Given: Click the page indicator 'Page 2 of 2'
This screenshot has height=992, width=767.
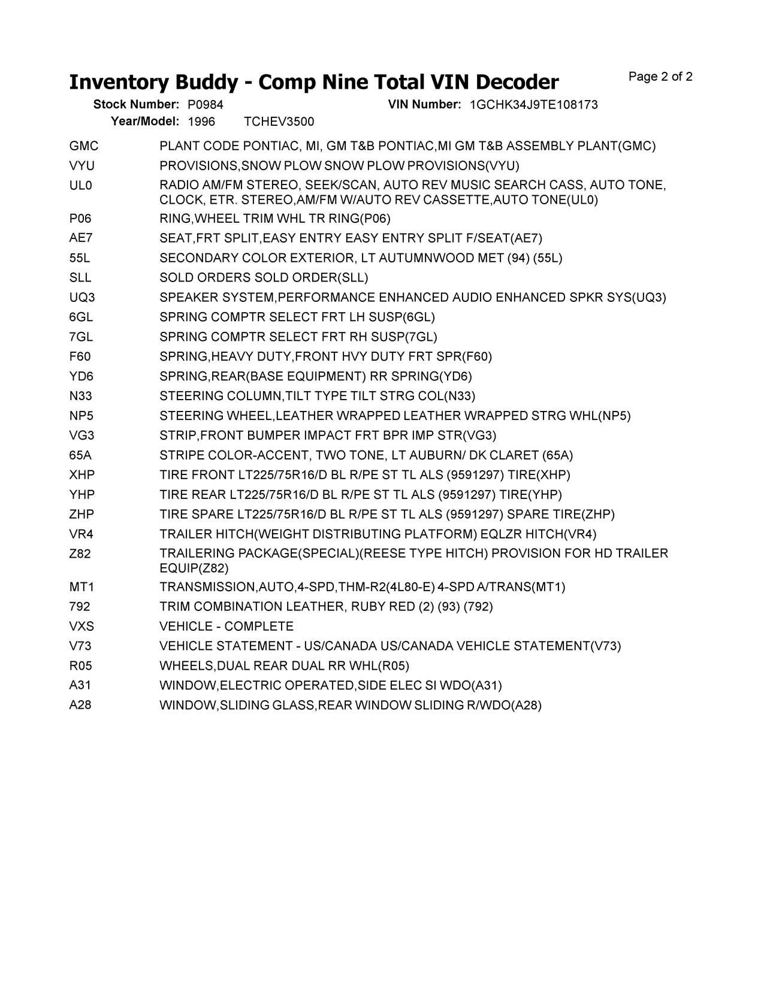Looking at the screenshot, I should pos(660,77).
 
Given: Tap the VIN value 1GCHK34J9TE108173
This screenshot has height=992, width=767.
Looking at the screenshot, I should pos(533,105).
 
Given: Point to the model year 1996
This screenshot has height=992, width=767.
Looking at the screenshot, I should pos(201,122).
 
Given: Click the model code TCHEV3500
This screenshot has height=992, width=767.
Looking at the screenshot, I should pos(279,122).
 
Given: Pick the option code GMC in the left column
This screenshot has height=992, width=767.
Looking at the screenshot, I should pos(84,146).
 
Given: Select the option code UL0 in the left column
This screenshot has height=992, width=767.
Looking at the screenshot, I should pos(81,186).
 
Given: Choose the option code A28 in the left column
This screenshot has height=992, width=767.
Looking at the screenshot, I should pos(80,705).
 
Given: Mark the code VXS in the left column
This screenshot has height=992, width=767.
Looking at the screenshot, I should pos(81,627).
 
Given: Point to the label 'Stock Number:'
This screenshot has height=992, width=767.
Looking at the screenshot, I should pos(136,105).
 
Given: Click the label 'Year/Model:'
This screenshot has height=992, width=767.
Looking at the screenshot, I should pos(145,122).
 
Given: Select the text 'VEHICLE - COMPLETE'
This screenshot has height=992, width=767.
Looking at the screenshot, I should pos(227,627).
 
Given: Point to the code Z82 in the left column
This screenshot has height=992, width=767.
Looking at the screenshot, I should pos(80,554).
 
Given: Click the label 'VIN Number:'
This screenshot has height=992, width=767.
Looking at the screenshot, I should pos(424,105).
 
